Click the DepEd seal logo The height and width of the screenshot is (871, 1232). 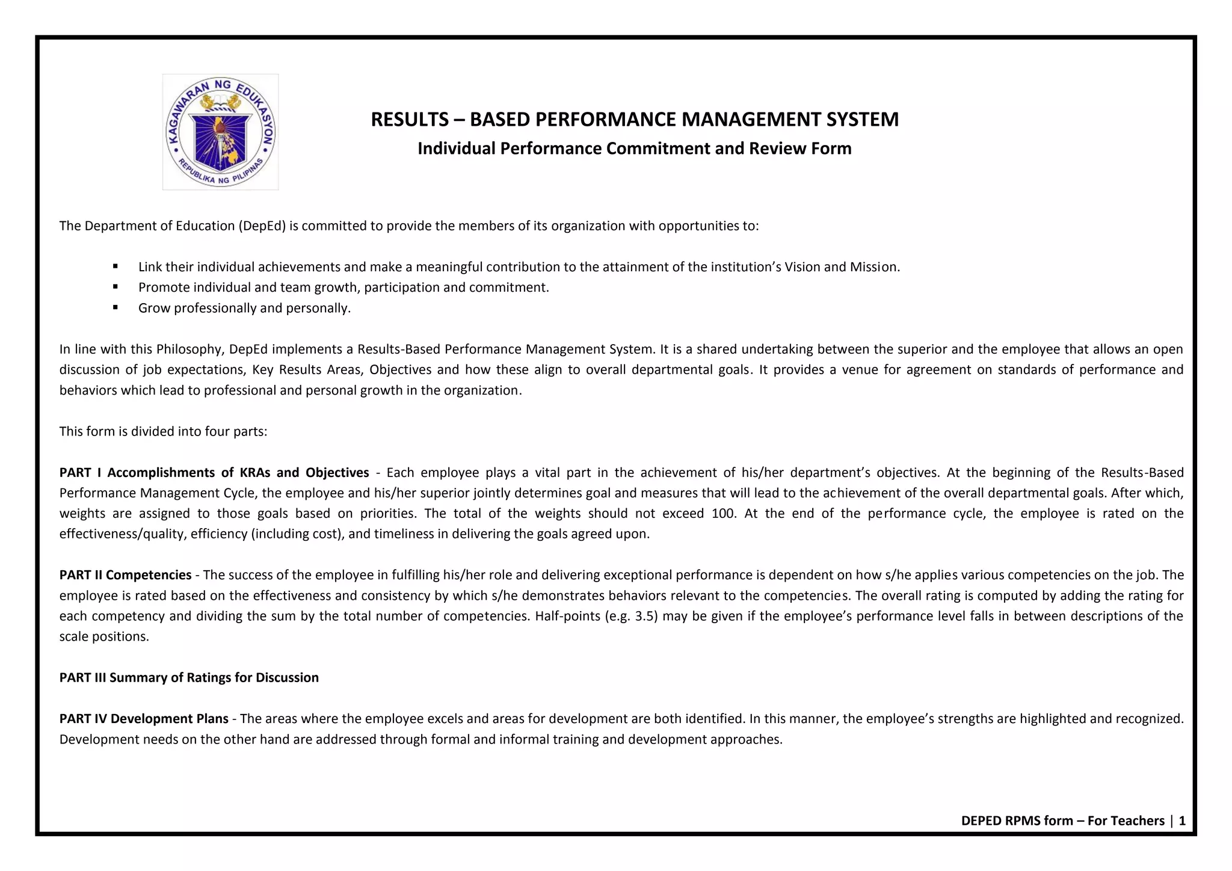(x=220, y=132)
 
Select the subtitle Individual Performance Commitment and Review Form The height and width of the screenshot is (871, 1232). (x=634, y=148)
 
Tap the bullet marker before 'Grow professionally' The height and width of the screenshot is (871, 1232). (x=115, y=307)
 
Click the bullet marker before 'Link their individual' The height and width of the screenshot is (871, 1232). (x=115, y=266)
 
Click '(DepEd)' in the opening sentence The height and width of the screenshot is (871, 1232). (x=262, y=226)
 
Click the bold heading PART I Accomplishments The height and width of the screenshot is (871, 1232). (x=214, y=472)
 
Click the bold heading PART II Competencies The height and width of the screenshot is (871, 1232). (x=125, y=574)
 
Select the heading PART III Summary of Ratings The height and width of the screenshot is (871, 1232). (x=189, y=677)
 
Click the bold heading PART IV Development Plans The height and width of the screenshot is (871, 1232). (x=144, y=718)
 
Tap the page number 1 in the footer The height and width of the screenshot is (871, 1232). (x=1181, y=820)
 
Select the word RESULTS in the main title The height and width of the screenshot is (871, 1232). (x=409, y=119)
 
